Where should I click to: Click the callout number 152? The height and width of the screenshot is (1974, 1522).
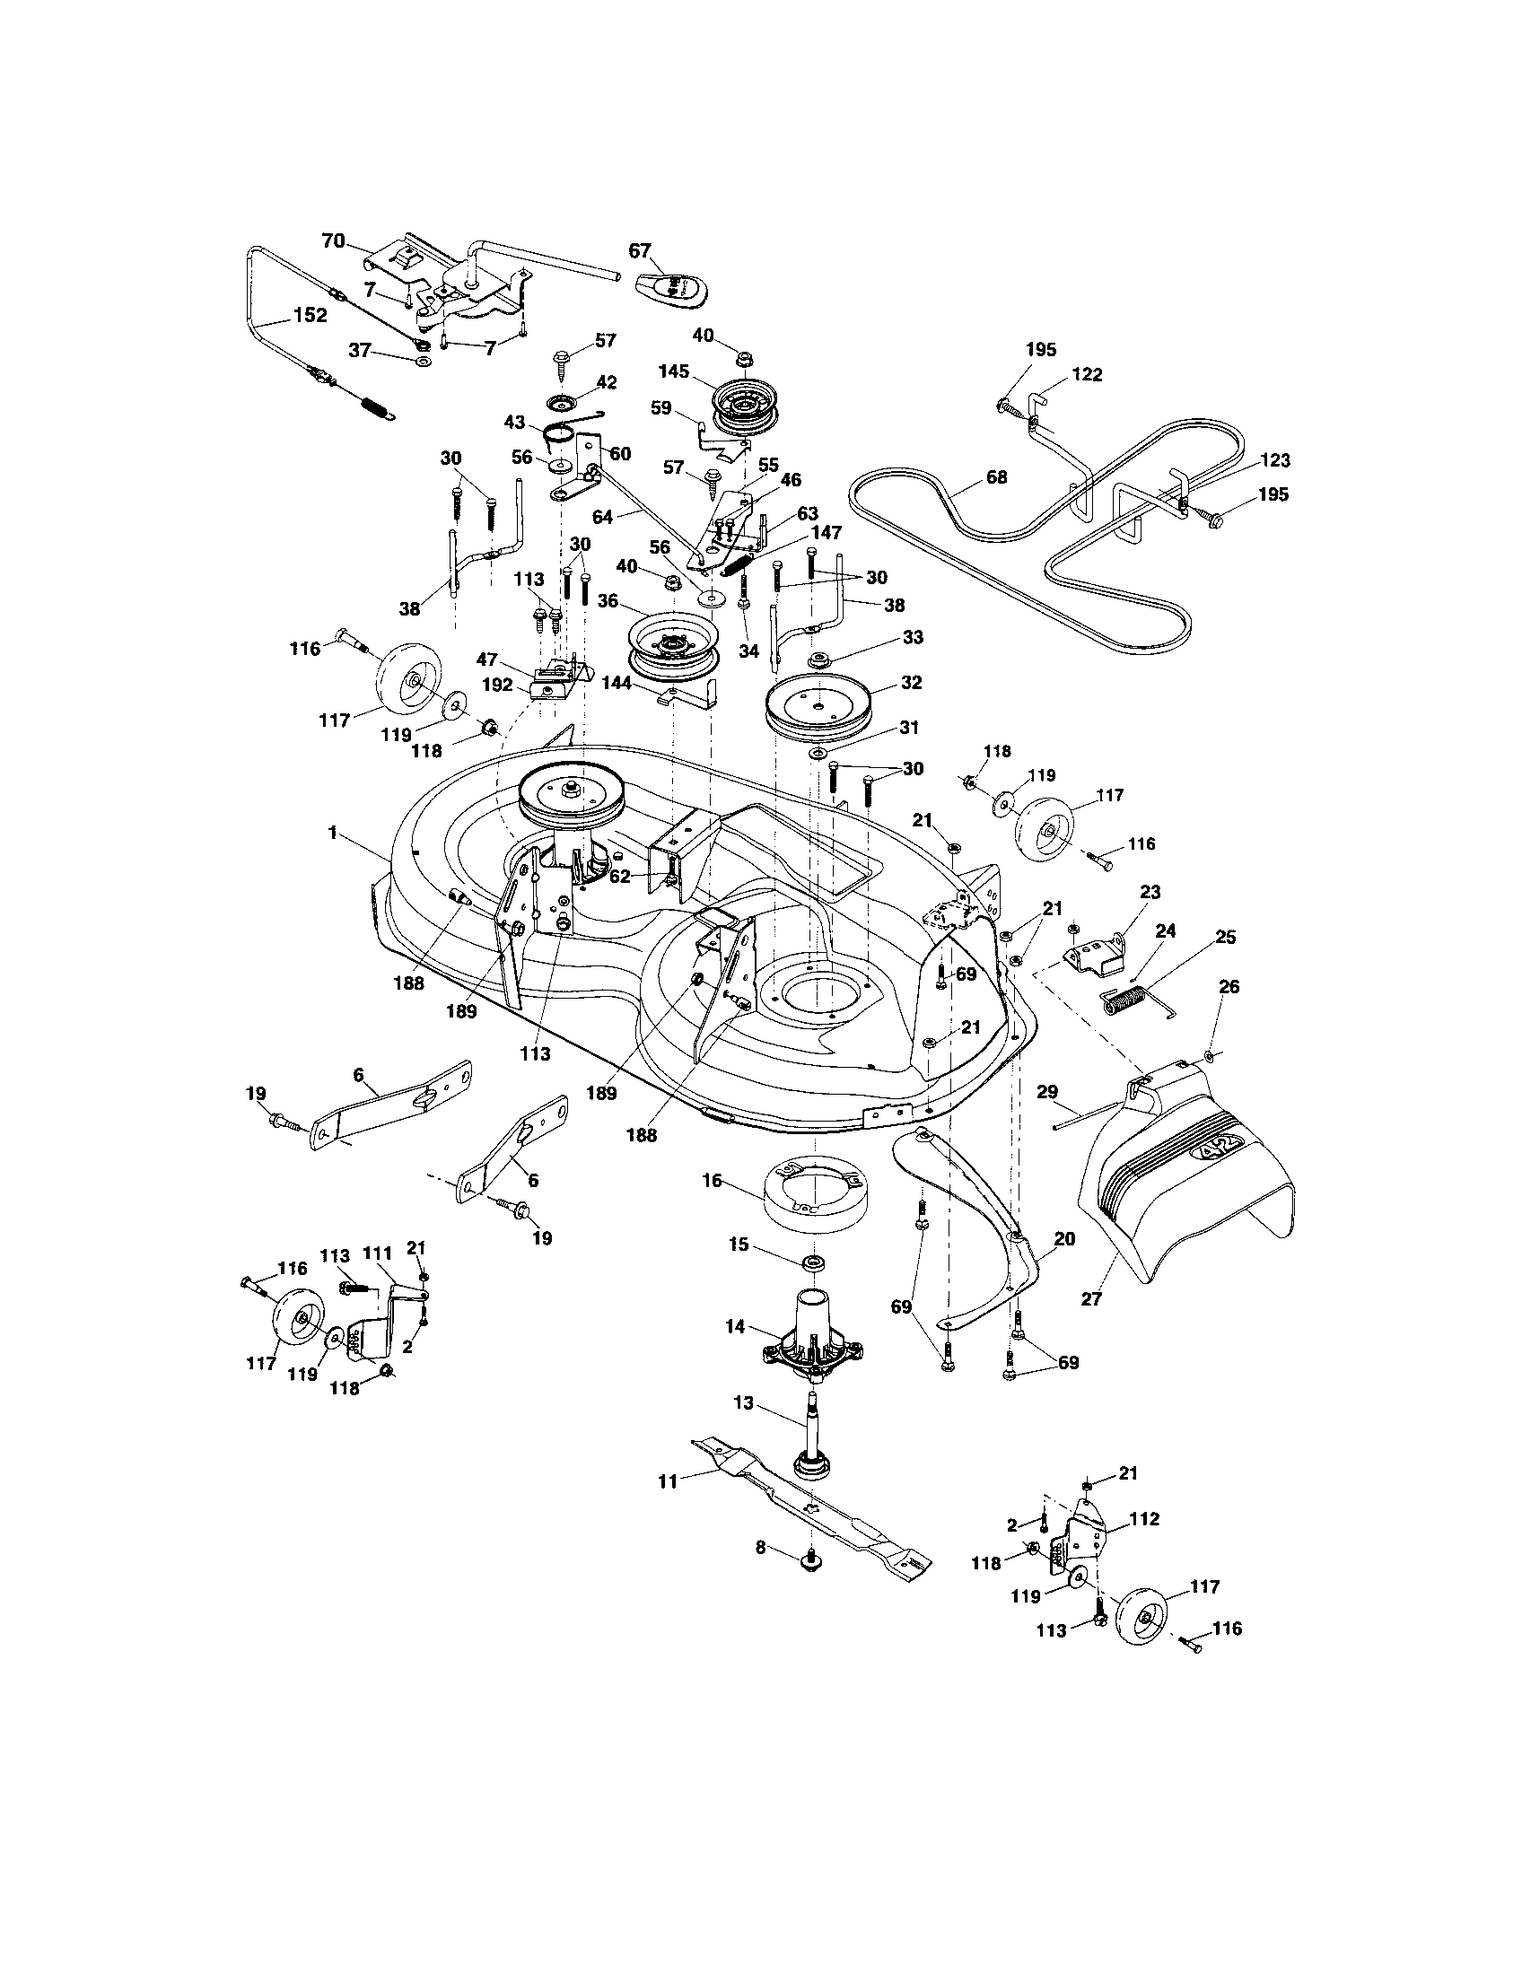(x=309, y=316)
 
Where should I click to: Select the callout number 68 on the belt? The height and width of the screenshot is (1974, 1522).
(x=996, y=476)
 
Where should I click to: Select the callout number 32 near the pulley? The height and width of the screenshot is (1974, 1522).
(x=911, y=683)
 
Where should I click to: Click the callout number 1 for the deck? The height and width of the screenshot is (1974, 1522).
(x=333, y=833)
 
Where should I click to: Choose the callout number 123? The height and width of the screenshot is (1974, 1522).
(x=1274, y=460)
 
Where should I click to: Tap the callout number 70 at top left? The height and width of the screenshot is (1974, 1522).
(x=333, y=240)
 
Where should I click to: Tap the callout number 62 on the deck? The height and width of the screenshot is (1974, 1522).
(x=619, y=875)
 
